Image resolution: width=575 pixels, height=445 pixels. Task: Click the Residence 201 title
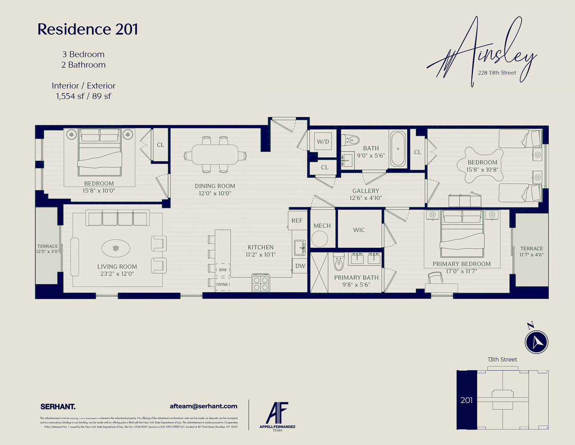click(88, 29)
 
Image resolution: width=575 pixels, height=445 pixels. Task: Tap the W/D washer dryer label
click(323, 142)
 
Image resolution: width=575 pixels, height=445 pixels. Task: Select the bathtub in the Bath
click(398, 149)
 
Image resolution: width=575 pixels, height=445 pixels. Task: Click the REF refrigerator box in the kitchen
click(297, 221)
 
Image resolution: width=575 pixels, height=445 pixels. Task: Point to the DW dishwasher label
click(300, 266)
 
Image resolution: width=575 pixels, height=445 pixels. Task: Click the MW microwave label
click(223, 270)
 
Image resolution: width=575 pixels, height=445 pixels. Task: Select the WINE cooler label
click(222, 284)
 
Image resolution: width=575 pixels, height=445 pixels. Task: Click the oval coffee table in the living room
click(116, 248)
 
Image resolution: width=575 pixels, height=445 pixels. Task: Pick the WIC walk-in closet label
click(359, 230)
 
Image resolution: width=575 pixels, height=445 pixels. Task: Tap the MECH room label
click(322, 226)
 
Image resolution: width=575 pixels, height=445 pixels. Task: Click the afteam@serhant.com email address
click(204, 406)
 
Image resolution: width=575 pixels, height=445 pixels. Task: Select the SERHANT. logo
click(58, 406)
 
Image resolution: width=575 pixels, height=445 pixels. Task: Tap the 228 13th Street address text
click(497, 73)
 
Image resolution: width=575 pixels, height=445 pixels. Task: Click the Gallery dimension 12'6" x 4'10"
click(366, 198)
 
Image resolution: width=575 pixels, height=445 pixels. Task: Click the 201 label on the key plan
click(467, 400)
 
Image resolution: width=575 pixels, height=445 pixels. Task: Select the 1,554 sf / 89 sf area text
click(84, 96)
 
